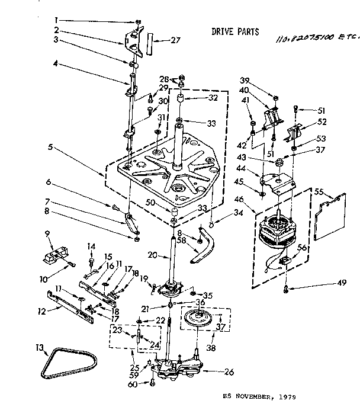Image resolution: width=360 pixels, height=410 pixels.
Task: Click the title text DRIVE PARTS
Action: tap(235, 31)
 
